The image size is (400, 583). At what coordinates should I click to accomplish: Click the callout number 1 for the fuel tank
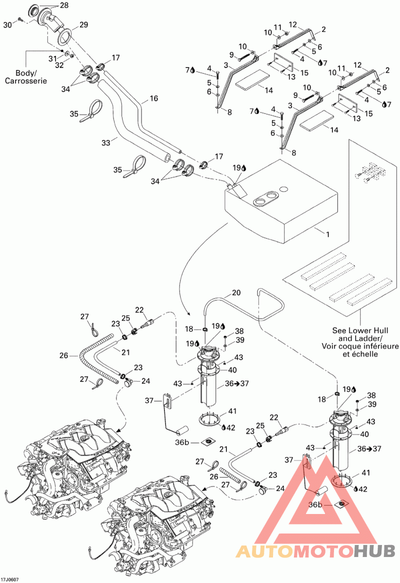click(327, 234)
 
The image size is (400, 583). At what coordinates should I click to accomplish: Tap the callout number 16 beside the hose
click(153, 98)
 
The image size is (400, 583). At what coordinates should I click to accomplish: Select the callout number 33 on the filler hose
click(106, 142)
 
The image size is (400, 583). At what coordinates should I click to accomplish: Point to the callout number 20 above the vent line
click(236, 292)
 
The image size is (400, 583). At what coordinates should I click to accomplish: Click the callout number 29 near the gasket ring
click(83, 24)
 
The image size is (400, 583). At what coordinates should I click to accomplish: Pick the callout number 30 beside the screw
click(8, 25)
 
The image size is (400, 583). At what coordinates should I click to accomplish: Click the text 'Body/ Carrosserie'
click(25, 76)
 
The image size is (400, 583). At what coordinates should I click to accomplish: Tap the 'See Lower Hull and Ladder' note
click(360, 342)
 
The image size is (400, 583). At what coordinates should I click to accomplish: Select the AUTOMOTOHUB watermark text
click(315, 551)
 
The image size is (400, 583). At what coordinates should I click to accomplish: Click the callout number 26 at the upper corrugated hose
click(64, 355)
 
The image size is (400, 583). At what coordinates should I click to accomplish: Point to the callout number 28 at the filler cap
click(64, 5)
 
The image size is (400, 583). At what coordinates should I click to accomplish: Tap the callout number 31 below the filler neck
click(53, 58)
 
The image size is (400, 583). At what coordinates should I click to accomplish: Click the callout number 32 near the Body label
click(59, 65)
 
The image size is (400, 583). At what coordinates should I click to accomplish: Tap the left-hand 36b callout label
click(182, 442)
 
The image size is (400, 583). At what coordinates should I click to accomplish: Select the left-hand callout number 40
click(232, 370)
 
